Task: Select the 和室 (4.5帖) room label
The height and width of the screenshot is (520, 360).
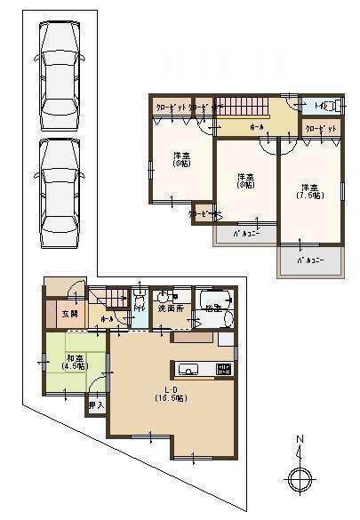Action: [73, 362]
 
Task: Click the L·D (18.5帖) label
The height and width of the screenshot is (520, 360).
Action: [166, 394]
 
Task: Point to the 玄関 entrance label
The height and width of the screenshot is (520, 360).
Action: [68, 314]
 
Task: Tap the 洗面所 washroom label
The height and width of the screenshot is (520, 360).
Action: [170, 308]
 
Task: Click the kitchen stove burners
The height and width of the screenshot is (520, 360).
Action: [224, 370]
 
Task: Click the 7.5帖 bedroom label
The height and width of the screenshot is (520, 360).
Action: [309, 191]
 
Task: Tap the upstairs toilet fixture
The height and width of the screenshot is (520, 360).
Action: [327, 107]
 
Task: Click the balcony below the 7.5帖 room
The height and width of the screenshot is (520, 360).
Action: [308, 262]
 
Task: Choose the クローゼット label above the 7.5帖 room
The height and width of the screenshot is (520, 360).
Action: [321, 129]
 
